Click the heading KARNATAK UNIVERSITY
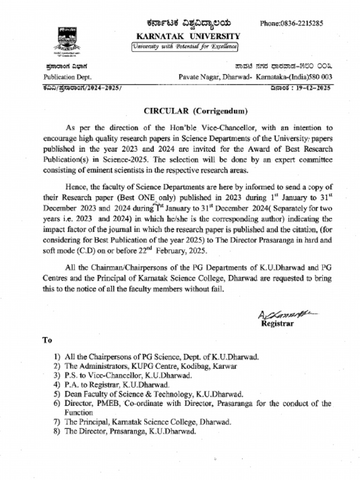(x=188, y=36)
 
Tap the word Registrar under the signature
(x=277, y=324)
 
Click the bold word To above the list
(x=47, y=340)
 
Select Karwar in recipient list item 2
(x=223, y=366)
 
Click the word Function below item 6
(x=78, y=412)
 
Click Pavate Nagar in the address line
(x=197, y=77)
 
